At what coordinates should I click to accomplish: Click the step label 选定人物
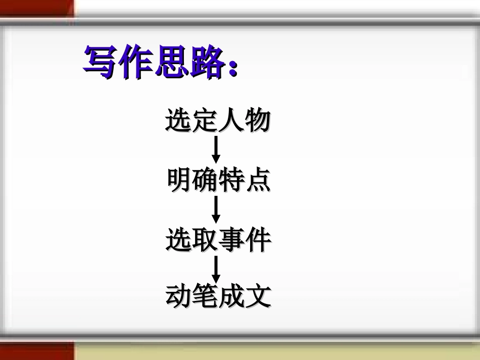pos(218,121)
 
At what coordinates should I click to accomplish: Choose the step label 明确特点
pos(218,180)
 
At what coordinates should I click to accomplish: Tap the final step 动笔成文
pos(218,296)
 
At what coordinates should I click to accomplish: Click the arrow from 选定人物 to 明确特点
pos(216,150)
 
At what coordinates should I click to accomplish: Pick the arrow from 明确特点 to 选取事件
pos(216,210)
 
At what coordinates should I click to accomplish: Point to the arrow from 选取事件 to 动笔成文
pos(216,269)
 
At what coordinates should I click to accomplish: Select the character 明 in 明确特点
pos(179,180)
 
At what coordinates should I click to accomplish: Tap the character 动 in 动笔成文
pos(179,296)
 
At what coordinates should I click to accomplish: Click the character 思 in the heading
pos(170,62)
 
